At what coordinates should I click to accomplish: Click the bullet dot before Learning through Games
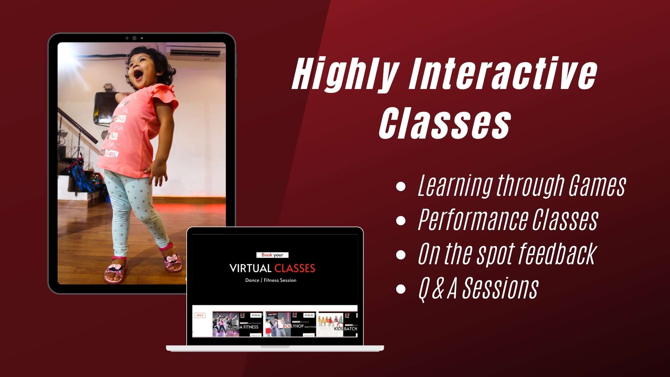tap(401, 186)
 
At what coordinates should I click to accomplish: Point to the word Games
tap(597, 186)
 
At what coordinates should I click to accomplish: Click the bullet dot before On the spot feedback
tap(401, 254)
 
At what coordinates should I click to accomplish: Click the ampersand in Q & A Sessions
tap(438, 289)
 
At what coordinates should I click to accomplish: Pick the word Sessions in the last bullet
tap(500, 289)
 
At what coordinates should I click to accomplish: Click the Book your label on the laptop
tap(272, 255)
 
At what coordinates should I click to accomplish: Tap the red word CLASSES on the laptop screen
tap(295, 268)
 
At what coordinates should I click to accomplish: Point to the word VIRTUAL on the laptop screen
tap(250, 268)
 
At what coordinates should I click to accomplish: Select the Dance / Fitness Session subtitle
tap(271, 280)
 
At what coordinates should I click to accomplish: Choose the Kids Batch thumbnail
tap(338, 324)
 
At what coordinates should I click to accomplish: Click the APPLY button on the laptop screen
tap(200, 316)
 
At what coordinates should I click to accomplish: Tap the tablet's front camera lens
tap(134, 38)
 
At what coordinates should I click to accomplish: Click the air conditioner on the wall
tap(195, 52)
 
